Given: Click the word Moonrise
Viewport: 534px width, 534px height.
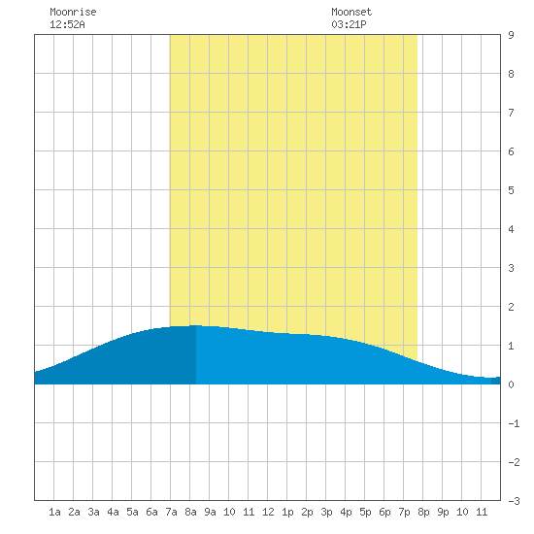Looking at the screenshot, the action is (x=73, y=12).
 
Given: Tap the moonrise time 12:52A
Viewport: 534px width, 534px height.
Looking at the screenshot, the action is (x=67, y=24).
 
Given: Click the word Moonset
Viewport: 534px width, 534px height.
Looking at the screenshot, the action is (x=351, y=12).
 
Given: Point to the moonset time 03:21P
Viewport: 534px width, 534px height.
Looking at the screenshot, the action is (x=349, y=24).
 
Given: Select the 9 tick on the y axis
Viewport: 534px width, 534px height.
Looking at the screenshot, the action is (x=511, y=35).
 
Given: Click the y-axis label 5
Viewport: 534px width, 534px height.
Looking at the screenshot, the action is (x=511, y=190).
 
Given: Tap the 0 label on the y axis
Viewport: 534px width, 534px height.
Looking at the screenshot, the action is (x=511, y=384).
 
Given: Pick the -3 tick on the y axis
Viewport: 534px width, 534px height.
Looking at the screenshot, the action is (x=514, y=501).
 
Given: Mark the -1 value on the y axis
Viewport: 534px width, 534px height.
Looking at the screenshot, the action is (x=514, y=423).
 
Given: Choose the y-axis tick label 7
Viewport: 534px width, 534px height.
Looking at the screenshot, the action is (x=511, y=113).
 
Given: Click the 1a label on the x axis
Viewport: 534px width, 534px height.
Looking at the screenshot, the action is (x=54, y=512).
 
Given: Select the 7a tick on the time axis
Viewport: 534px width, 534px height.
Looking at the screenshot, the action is (x=171, y=512).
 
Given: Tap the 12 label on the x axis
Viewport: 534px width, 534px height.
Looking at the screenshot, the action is (x=268, y=512).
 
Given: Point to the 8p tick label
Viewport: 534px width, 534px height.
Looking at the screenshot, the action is (x=423, y=512).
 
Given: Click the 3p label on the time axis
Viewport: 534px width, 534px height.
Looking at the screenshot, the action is (x=326, y=512).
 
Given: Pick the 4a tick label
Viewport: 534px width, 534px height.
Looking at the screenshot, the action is (x=113, y=512).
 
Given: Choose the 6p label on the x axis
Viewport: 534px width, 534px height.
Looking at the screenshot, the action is (x=384, y=512).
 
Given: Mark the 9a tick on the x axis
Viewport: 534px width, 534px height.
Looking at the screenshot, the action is (x=210, y=512).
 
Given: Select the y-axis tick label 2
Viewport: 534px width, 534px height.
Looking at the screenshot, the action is (x=511, y=307).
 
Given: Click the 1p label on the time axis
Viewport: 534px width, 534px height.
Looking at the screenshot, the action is (x=287, y=512).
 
